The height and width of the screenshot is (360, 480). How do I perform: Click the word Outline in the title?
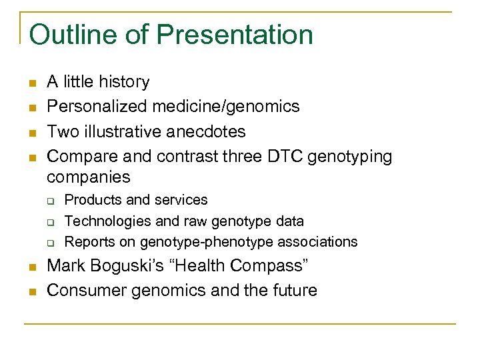pyautogui.click(x=67, y=35)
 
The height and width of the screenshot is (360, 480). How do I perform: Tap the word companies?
pyautogui.click(x=88, y=177)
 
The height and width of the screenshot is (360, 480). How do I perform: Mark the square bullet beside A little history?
pyautogui.click(x=31, y=83)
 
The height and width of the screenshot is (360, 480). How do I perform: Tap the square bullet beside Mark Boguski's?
pyautogui.click(x=31, y=267)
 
